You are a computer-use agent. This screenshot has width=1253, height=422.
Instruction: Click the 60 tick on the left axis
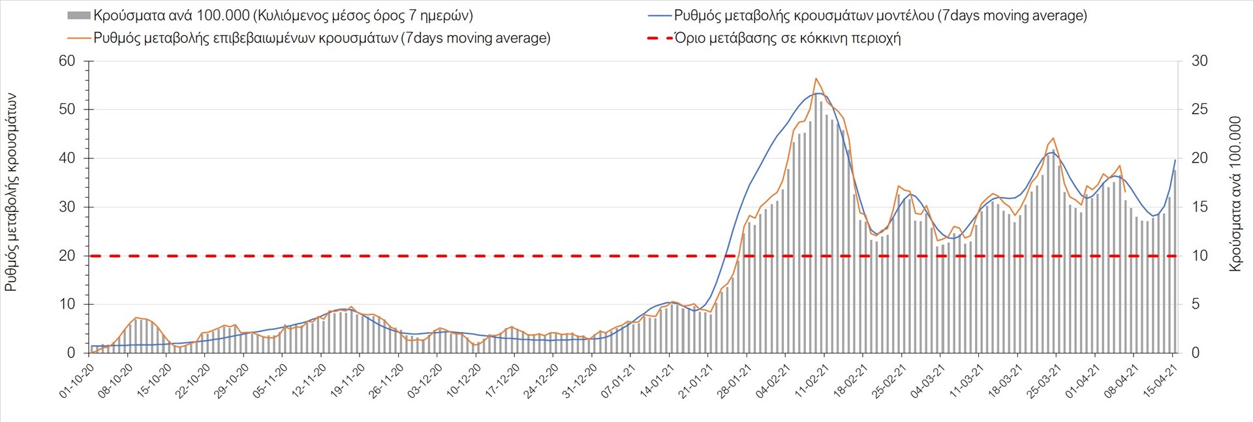click(67, 61)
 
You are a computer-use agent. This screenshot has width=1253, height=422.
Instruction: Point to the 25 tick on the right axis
click(1199, 110)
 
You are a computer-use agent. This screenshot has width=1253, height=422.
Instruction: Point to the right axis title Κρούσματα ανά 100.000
click(1235, 194)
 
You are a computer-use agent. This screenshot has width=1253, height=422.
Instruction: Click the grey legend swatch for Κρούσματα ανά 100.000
click(78, 16)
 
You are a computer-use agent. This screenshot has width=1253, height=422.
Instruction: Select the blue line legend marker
click(660, 16)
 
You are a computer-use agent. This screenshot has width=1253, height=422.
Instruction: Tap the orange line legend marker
click(78, 38)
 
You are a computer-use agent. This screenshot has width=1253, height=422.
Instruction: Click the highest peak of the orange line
click(816, 78)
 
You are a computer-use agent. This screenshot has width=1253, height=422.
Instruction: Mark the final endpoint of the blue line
click(1175, 160)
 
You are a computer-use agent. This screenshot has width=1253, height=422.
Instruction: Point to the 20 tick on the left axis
click(67, 256)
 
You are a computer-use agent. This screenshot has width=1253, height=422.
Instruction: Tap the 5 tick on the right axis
click(1196, 305)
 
